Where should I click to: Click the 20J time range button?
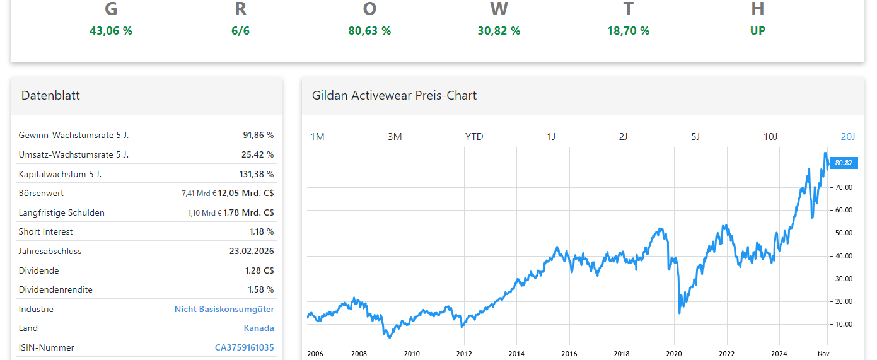848,137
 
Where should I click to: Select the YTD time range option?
474,137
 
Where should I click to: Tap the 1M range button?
318,137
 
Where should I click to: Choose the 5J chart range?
695,137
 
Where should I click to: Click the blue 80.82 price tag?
844,163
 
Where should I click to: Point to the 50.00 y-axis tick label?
844,233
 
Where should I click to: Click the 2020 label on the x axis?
674,354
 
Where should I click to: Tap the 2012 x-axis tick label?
464,354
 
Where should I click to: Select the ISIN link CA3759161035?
245,347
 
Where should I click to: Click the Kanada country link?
258,328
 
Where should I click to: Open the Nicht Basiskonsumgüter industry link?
224,309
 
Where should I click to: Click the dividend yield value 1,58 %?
260,289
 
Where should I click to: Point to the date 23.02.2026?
252,251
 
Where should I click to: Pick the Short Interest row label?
45,231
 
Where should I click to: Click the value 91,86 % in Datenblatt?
258,135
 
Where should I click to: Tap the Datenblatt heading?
50,95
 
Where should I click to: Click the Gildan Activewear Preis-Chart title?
394,95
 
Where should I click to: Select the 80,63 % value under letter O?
369,30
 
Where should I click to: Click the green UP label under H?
757,30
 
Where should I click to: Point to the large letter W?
499,9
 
